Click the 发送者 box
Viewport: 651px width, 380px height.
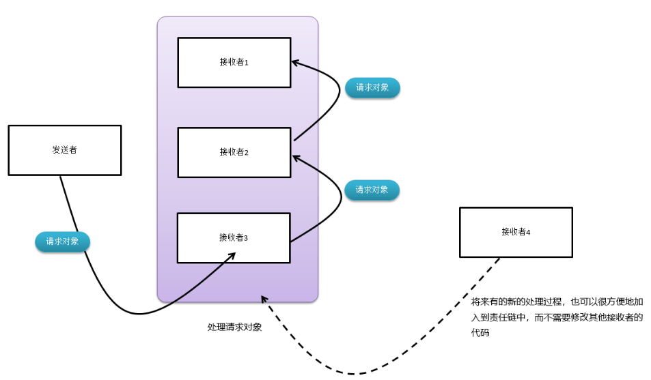pyautogui.click(x=65, y=150)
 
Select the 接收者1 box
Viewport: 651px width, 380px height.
pyautogui.click(x=234, y=62)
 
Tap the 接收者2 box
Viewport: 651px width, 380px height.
pyautogui.click(x=234, y=152)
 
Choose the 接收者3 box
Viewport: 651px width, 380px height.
pyautogui.click(x=234, y=237)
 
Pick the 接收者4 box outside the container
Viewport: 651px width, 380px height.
pyautogui.click(x=516, y=232)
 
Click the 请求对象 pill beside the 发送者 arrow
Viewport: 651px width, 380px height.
pyautogui.click(x=62, y=242)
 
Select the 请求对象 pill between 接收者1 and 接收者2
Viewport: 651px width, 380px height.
pyautogui.click(x=372, y=88)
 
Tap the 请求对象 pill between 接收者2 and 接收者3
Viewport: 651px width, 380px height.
pyautogui.click(x=372, y=190)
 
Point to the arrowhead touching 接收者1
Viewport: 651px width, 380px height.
pyautogui.click(x=295, y=63)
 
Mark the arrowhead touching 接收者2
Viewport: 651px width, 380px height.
pyautogui.click(x=295, y=158)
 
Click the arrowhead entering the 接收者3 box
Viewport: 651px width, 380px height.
pyautogui.click(x=232, y=255)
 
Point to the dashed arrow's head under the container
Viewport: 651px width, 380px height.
pyautogui.click(x=264, y=299)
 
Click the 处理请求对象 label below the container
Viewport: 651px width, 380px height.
pyautogui.click(x=234, y=327)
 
